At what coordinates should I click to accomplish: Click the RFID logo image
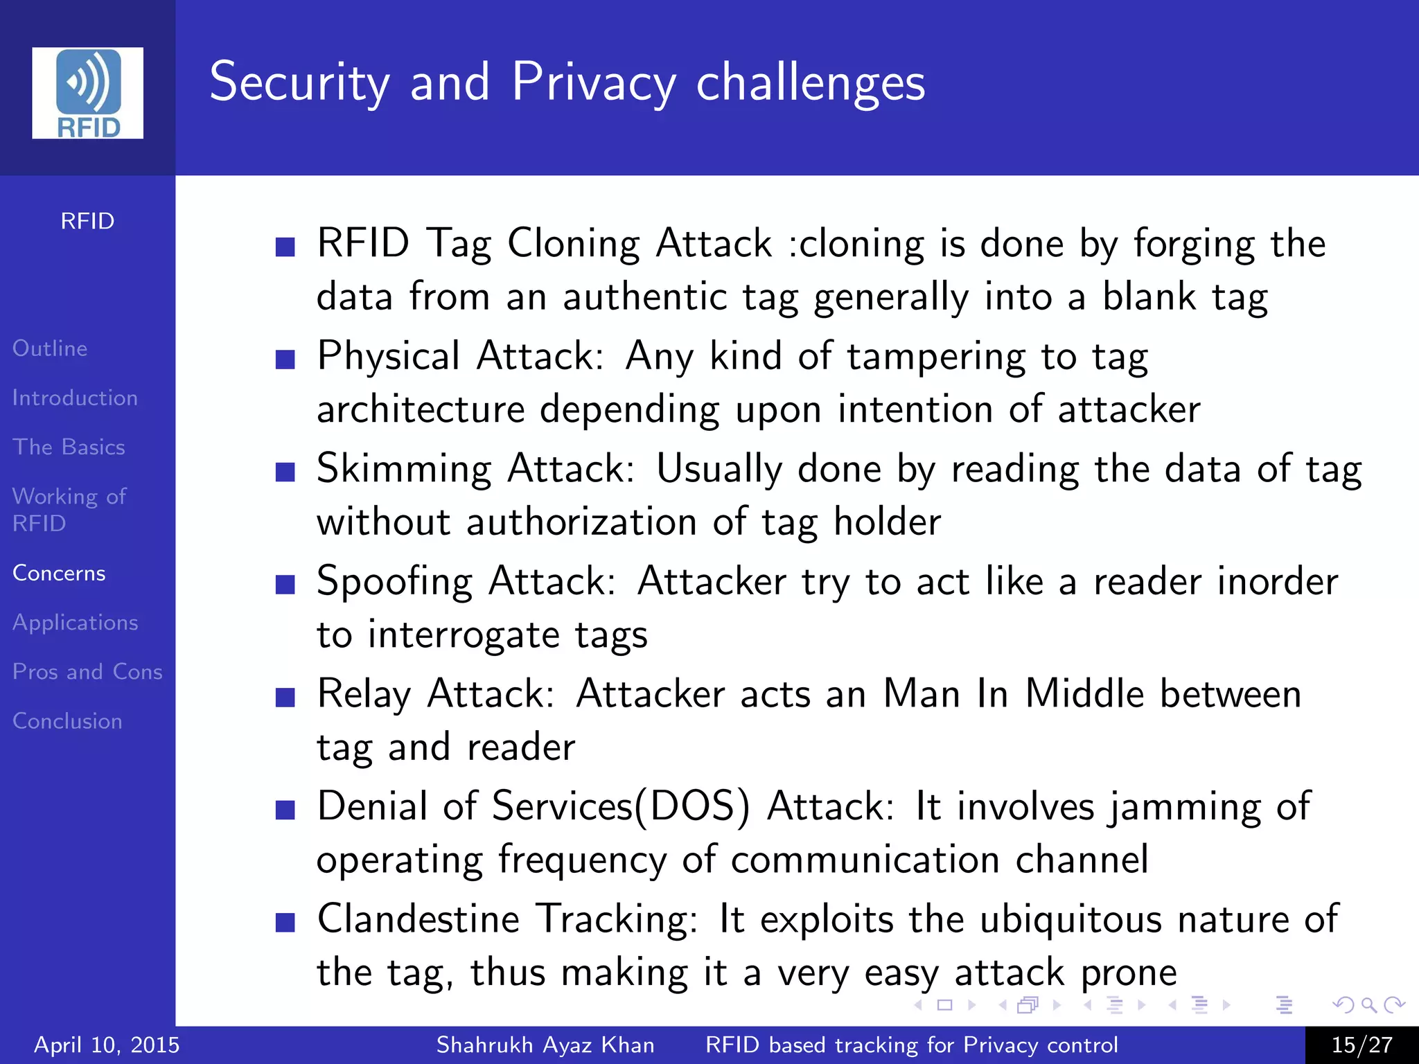88,93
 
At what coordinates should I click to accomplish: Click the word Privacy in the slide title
593,83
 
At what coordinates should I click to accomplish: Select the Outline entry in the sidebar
50,348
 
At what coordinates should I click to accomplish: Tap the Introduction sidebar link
75,398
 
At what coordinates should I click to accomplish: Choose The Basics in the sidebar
69,447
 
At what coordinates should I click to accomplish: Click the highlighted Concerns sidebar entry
59,573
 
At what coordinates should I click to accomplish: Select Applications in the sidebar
75,622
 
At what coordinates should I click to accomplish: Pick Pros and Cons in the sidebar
87,671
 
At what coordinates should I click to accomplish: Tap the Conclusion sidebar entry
67,720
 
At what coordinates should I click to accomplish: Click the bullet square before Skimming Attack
285,472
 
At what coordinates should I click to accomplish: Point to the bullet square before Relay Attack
285,697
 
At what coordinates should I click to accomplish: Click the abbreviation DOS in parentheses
692,806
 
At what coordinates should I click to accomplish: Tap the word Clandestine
418,919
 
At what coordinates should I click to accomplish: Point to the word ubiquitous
1070,920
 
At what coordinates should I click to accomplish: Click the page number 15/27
1361,1045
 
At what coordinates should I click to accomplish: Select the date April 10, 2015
107,1045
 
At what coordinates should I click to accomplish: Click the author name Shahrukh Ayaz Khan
545,1045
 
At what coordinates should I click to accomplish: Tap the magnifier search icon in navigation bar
1368,1004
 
